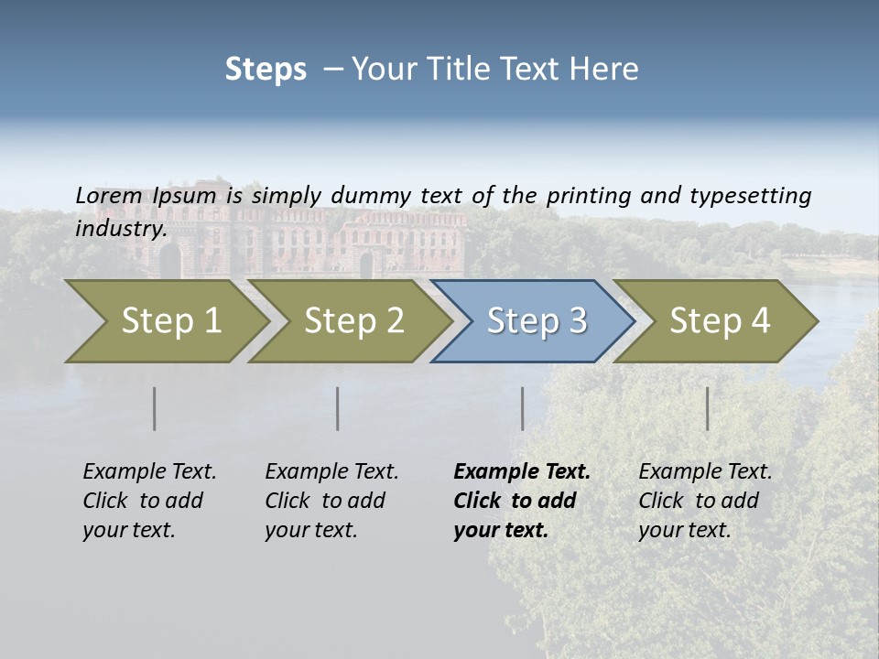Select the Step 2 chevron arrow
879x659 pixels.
(x=353, y=321)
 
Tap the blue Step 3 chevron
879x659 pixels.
(x=537, y=321)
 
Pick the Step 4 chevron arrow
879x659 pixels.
(x=720, y=321)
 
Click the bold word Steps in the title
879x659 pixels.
(x=266, y=70)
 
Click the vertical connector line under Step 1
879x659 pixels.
(x=155, y=408)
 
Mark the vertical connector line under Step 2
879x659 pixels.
(x=338, y=408)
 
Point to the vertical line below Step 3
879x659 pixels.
(x=522, y=408)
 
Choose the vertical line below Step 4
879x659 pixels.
(x=707, y=408)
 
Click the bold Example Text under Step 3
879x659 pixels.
(x=522, y=471)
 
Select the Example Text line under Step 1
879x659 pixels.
(x=149, y=471)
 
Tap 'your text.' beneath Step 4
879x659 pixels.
(x=684, y=530)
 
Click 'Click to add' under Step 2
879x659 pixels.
(x=325, y=501)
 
